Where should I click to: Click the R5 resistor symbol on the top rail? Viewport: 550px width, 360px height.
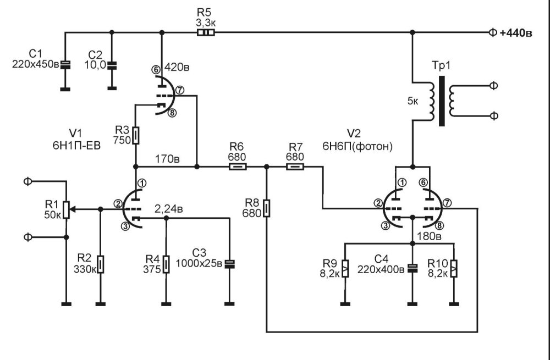click(206, 32)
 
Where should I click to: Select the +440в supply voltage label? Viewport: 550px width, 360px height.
click(515, 33)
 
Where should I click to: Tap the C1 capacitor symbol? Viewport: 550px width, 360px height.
click(65, 65)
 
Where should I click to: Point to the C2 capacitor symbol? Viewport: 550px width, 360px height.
click(112, 65)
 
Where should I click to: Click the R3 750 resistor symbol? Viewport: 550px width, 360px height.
click(136, 135)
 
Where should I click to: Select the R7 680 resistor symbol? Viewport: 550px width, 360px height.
click(295, 165)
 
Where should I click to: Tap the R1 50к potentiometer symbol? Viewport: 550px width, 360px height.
click(66, 209)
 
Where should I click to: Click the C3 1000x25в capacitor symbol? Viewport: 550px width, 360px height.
click(229, 264)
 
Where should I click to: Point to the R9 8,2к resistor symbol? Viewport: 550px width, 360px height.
click(345, 268)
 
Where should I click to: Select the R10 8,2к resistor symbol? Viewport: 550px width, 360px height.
click(453, 268)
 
